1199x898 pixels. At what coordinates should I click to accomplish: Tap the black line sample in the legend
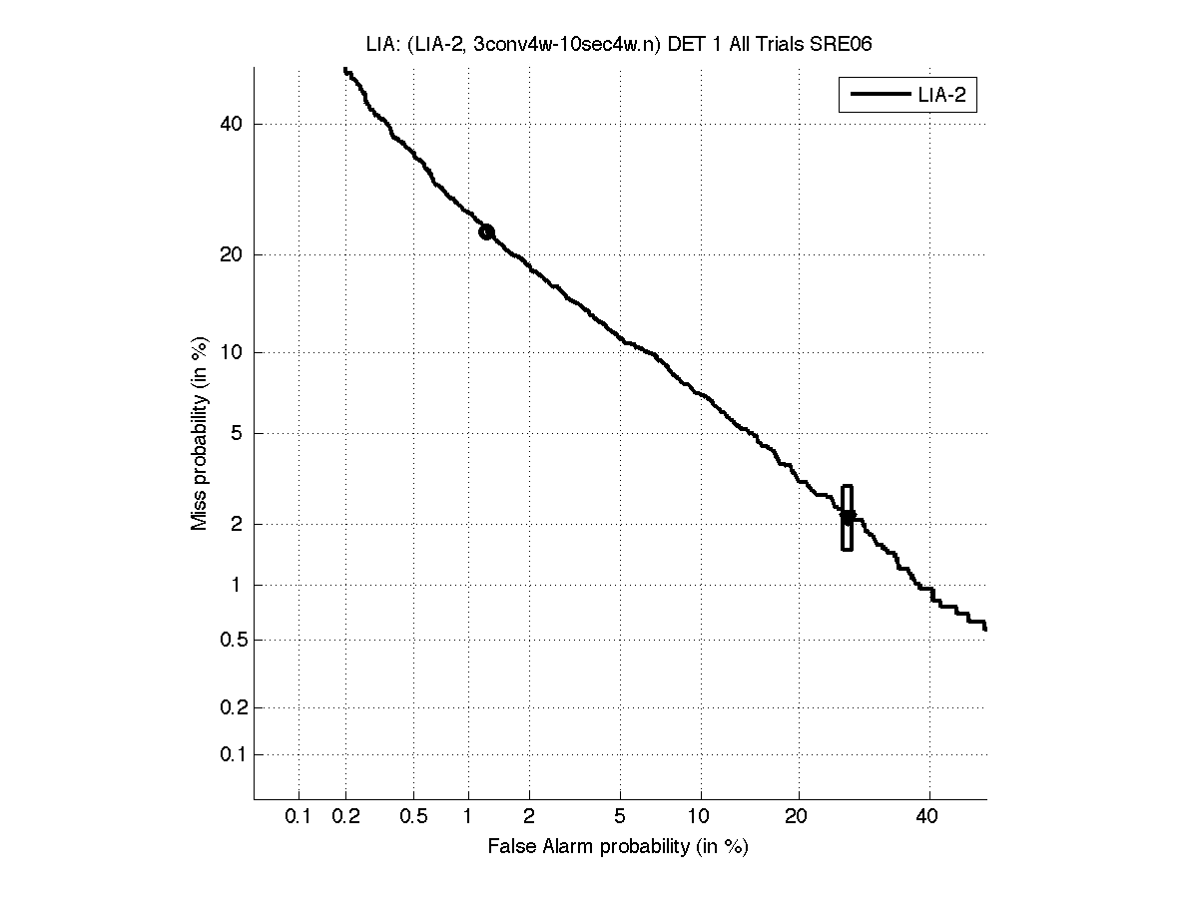pyautogui.click(x=877, y=96)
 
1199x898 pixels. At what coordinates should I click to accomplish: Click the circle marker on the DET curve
pyautogui.click(x=486, y=231)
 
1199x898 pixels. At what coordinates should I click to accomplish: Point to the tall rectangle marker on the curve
pyautogui.click(x=848, y=518)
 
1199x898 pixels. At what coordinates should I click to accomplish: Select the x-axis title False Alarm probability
pyautogui.click(x=618, y=847)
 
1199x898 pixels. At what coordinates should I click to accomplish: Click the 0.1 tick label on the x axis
pyautogui.click(x=299, y=817)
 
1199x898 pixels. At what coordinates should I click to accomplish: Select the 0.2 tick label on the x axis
pyautogui.click(x=346, y=817)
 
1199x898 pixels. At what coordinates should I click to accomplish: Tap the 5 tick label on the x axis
pyautogui.click(x=620, y=817)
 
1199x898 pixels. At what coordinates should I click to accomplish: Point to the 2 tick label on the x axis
pyautogui.click(x=529, y=817)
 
